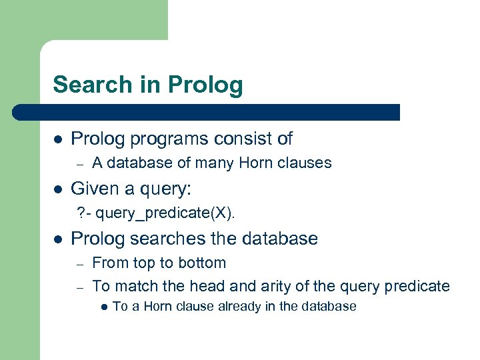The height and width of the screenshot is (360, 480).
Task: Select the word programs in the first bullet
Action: pyautogui.click(x=159, y=139)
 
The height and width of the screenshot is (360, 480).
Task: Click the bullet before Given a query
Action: pyautogui.click(x=58, y=190)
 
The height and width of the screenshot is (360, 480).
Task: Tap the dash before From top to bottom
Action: pyautogui.click(x=79, y=263)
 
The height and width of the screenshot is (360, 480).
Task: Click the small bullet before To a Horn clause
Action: pyautogui.click(x=103, y=307)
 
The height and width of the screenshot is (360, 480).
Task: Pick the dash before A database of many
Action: pyautogui.click(x=79, y=163)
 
